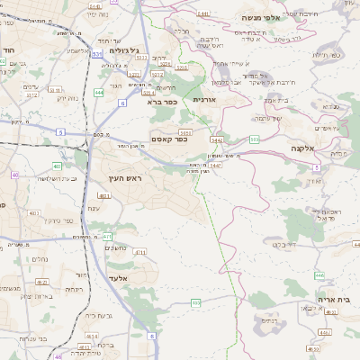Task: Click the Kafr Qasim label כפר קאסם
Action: pos(168,138)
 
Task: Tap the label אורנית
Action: pos(208,102)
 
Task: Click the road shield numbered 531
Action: pos(96,53)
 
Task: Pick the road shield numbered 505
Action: pos(255,139)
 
